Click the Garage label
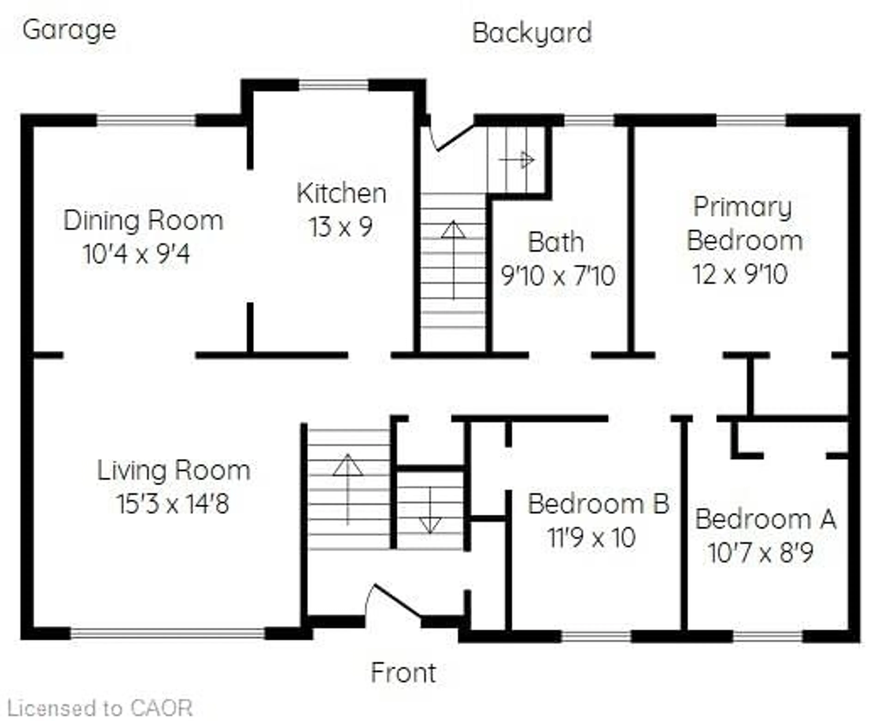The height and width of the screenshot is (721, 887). [69, 30]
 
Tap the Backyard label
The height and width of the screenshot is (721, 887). [532, 33]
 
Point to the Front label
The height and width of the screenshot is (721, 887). [403, 673]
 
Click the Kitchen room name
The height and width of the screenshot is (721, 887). [341, 193]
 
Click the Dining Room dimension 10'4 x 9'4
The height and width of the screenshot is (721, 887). [136, 254]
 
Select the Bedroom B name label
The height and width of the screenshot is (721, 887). [598, 504]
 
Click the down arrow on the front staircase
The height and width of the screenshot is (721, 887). [430, 511]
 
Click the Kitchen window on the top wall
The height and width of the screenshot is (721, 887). [334, 86]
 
